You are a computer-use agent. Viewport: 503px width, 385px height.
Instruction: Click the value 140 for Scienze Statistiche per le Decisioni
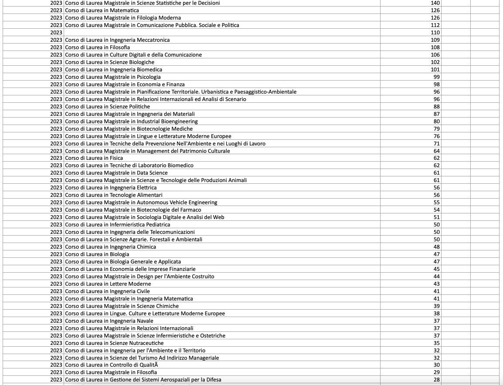[x=435, y=3]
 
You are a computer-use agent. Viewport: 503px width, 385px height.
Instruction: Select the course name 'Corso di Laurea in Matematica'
[x=102, y=10]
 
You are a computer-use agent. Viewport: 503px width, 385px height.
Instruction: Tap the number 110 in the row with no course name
[x=435, y=33]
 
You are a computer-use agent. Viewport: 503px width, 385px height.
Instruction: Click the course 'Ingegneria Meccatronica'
[x=117, y=40]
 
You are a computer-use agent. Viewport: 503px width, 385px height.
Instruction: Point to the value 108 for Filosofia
[x=435, y=47]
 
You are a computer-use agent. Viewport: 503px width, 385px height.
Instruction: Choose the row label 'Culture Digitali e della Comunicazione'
[x=133, y=55]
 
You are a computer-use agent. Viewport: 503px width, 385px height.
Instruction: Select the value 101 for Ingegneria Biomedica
[x=435, y=70]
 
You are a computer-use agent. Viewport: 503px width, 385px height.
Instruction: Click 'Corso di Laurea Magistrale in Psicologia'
[x=113, y=77]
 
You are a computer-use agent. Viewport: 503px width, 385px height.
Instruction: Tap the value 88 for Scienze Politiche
[x=436, y=107]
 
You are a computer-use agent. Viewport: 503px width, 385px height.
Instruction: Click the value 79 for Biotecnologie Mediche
[x=436, y=129]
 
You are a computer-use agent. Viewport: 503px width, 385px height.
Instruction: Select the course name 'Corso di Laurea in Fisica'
[x=94, y=158]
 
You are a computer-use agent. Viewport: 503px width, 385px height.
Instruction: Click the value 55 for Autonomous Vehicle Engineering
[x=436, y=203]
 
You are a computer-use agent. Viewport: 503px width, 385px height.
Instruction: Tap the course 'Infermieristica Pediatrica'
[x=118, y=225]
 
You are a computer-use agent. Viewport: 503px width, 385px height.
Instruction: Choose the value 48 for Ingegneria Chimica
[x=436, y=247]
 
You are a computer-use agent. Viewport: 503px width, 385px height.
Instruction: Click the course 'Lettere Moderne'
[x=108, y=284]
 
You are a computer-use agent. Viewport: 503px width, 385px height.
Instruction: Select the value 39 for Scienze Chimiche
[x=436, y=306]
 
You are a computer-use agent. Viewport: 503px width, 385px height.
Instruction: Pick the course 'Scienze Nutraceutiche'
[x=114, y=343]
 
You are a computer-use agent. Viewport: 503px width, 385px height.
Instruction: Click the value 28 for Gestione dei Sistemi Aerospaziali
[x=436, y=380]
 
